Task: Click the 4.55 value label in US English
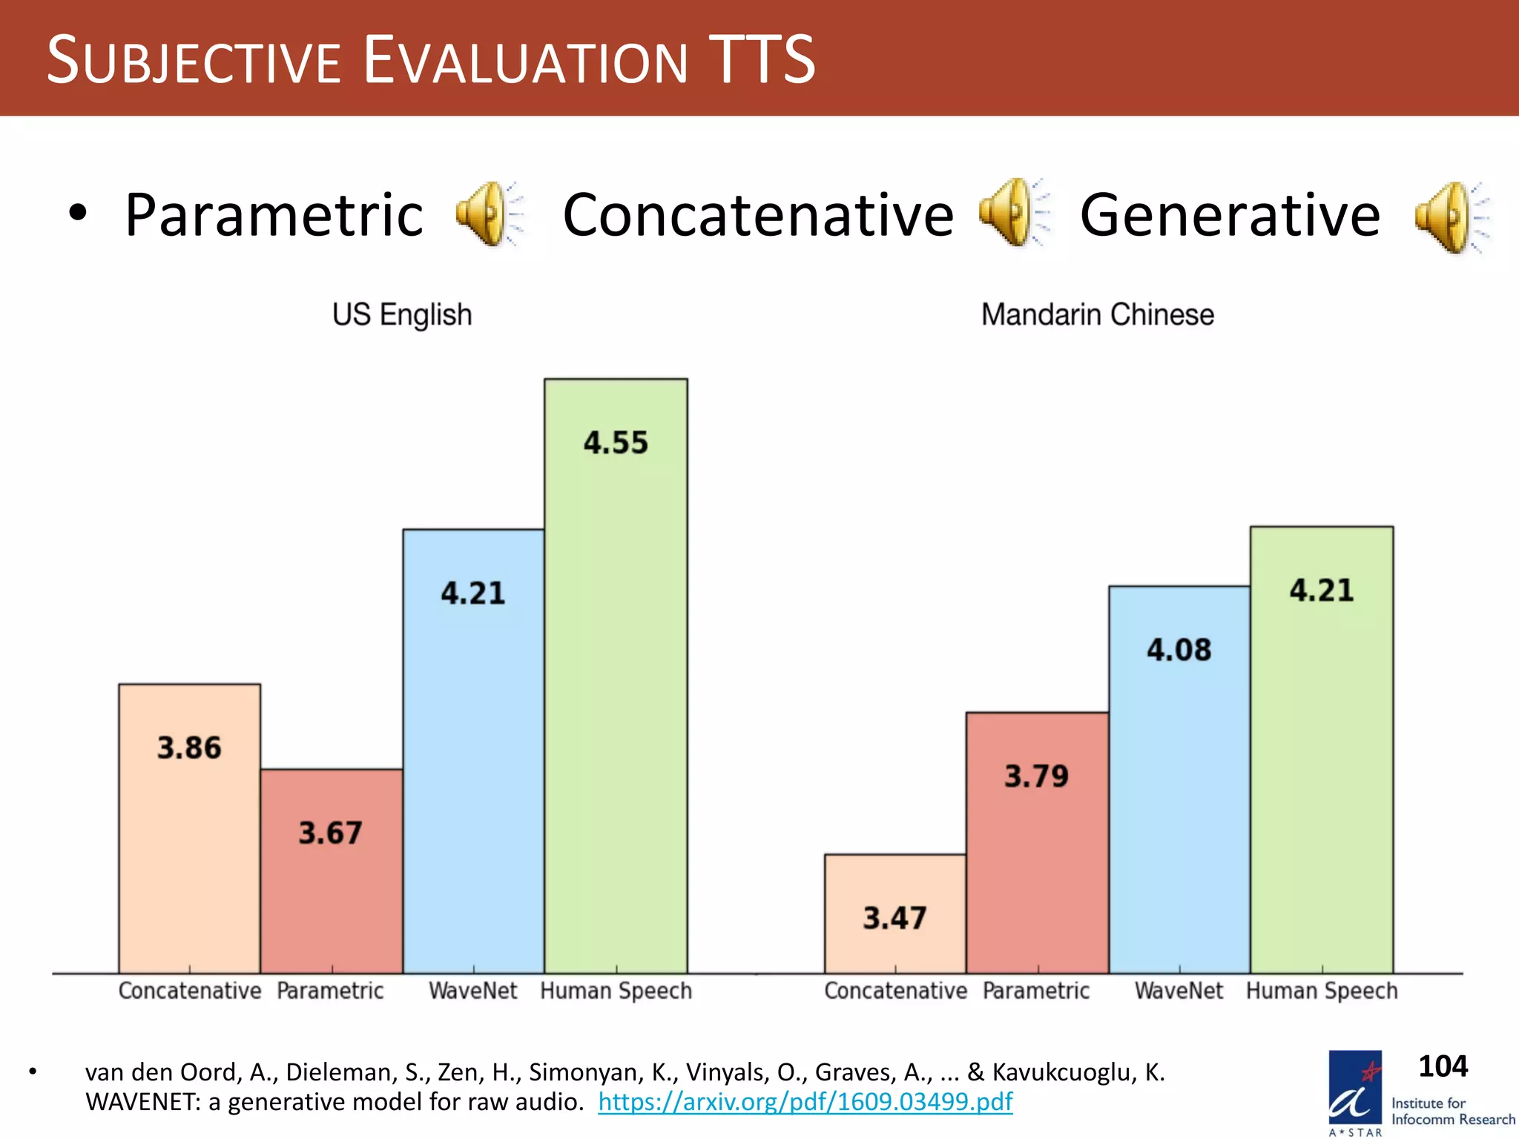(x=616, y=443)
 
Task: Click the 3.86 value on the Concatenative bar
(x=189, y=747)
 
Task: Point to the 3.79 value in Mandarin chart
(x=1036, y=776)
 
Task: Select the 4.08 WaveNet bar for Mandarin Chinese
(x=1179, y=779)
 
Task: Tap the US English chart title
(x=402, y=314)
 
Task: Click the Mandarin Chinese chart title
(x=1098, y=314)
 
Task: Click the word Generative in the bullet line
(x=1230, y=215)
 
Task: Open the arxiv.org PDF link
(x=805, y=1101)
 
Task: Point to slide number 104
(x=1443, y=1066)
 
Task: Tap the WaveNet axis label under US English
(x=473, y=991)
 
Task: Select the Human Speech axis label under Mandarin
(x=1322, y=991)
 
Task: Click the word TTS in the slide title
(x=762, y=59)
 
